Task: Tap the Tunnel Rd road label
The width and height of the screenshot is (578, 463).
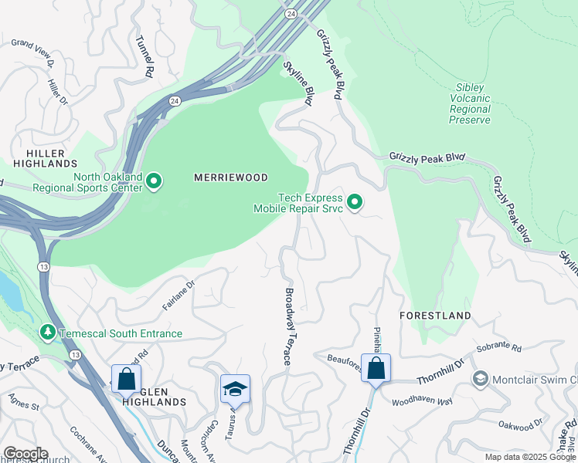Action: click(x=143, y=57)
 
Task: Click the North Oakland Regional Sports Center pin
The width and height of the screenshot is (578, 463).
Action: click(x=154, y=182)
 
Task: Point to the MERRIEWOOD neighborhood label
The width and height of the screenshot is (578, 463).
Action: click(x=230, y=177)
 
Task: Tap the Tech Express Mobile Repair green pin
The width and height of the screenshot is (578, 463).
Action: click(x=355, y=203)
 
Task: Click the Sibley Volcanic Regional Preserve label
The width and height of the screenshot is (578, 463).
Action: click(x=471, y=104)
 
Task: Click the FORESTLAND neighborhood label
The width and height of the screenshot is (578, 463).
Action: click(x=435, y=316)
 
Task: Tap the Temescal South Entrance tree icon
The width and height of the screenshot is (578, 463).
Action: click(x=48, y=333)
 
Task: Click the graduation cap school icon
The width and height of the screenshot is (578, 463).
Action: click(x=235, y=388)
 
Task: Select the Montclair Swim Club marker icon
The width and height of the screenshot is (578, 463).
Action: click(x=481, y=378)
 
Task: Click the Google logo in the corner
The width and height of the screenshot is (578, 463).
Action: click(x=25, y=454)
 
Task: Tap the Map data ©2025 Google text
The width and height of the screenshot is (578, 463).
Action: click(x=529, y=457)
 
